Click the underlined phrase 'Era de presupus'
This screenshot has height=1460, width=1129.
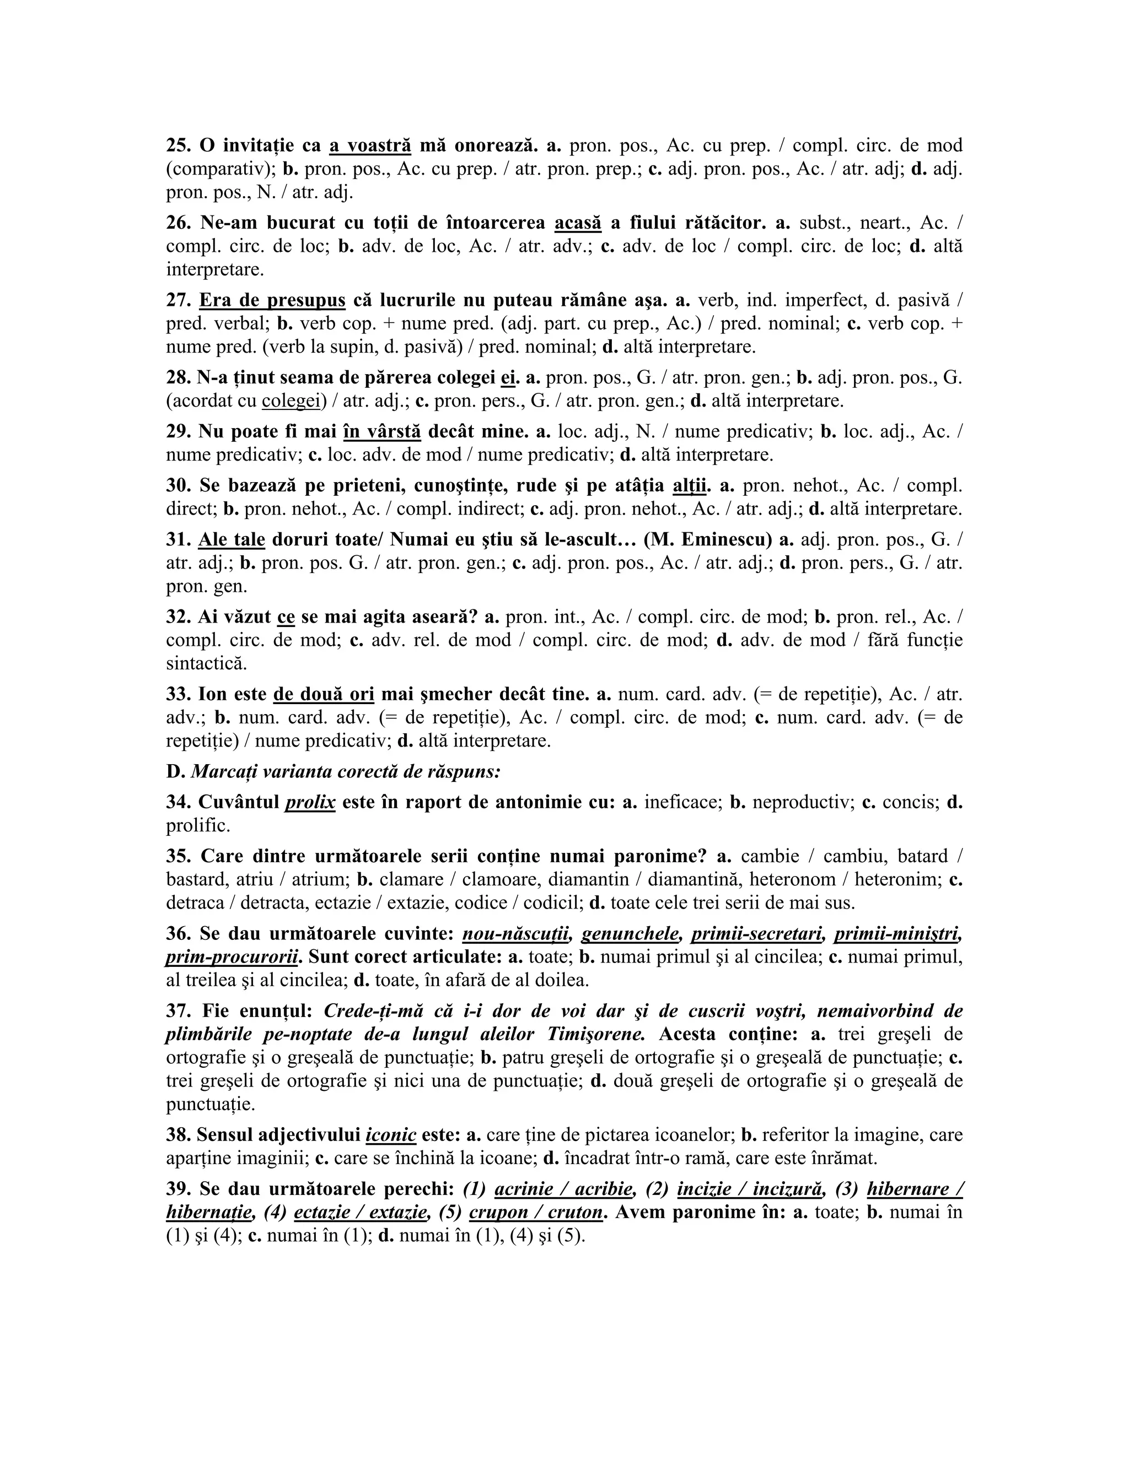coord(272,300)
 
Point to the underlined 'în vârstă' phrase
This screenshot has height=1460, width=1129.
coord(382,431)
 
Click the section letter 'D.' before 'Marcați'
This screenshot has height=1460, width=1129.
coord(175,771)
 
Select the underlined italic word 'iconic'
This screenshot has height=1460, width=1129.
coord(391,1134)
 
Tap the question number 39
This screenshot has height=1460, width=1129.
coord(178,1188)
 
